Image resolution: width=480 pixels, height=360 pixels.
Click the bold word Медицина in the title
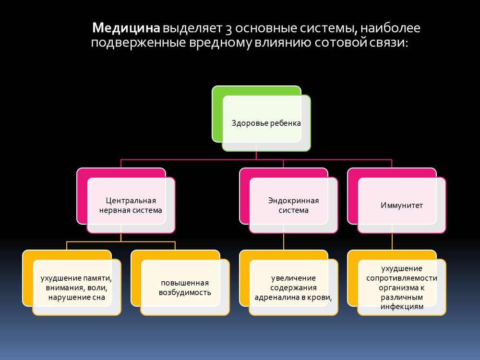tap(126, 28)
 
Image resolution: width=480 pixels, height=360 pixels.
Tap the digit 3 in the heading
tap(228, 29)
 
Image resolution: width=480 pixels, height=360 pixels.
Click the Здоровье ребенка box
tap(262, 119)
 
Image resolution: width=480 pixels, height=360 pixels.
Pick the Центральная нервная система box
tap(126, 201)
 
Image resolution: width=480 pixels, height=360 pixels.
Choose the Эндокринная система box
tap(288, 201)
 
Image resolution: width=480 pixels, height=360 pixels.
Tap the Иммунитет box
tap(397, 201)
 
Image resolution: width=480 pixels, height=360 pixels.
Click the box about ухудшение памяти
tap(72, 283)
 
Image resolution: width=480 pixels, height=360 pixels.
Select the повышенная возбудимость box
tap(180, 283)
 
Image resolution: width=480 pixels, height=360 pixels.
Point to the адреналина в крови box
tap(288, 283)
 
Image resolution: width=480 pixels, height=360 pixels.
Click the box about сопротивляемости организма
tap(397, 283)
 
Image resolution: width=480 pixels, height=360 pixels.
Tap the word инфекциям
tap(402, 307)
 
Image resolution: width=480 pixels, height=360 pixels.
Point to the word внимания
tap(65, 288)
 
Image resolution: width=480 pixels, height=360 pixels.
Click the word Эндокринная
tap(293, 201)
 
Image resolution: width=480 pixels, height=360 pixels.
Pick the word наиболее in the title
tap(390, 28)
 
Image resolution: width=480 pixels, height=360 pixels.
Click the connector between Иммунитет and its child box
tap(392, 241)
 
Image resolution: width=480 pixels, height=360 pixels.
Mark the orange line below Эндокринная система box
tap(284, 241)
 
